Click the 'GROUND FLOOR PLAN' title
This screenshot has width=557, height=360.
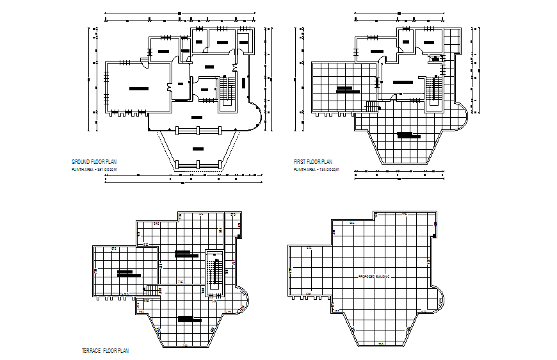(94, 162)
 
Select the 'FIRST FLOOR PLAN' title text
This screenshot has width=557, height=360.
(313, 162)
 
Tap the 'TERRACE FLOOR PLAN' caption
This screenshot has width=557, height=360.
(106, 350)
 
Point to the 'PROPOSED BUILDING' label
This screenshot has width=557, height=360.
(373, 277)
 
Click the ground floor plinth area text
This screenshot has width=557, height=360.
(94, 170)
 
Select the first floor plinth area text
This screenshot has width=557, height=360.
(316, 170)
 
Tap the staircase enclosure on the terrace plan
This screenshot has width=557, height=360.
(214, 273)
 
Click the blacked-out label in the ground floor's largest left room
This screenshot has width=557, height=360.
(138, 88)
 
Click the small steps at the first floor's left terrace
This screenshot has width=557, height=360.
(371, 107)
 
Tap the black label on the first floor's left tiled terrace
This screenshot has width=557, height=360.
(346, 90)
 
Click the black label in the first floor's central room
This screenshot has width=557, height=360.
(403, 82)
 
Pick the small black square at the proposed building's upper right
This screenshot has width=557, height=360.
(436, 225)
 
